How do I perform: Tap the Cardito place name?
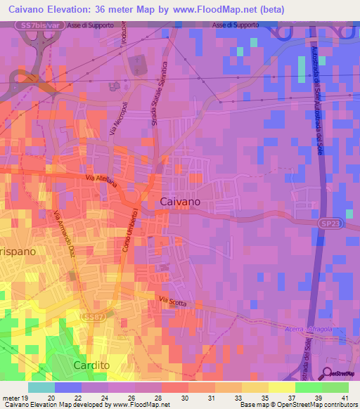[94, 365]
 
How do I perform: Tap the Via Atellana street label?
[102, 183]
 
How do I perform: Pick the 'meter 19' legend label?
[15, 398]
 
